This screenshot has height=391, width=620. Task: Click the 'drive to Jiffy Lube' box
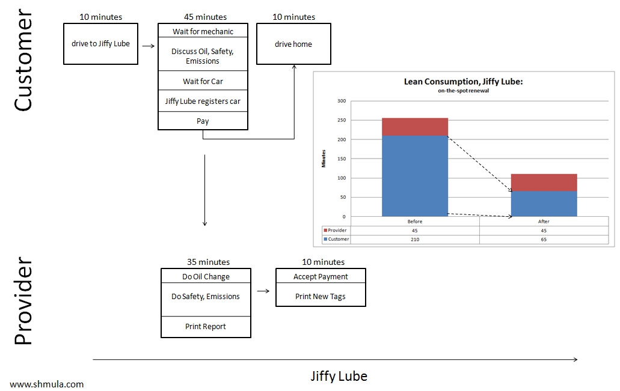point(100,44)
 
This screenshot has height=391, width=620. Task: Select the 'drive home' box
point(293,44)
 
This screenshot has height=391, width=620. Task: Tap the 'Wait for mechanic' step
point(203,31)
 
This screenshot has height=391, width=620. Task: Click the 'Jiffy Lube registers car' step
point(203,102)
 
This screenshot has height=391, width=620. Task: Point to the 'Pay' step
point(203,121)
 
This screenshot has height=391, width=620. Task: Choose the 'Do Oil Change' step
point(206,277)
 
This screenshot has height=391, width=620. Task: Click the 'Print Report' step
point(206,327)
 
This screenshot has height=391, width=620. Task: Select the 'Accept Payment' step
point(321,277)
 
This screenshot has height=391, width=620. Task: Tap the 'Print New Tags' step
point(321,296)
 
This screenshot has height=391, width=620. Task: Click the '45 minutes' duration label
point(203,17)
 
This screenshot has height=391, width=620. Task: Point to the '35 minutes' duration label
point(206,262)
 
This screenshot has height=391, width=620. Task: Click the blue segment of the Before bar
point(415,175)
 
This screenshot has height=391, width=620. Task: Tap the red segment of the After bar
point(544,183)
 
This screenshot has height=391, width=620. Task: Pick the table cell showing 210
point(415,239)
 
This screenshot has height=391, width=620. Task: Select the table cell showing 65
point(544,239)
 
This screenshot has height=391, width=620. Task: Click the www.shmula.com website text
point(47,384)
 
